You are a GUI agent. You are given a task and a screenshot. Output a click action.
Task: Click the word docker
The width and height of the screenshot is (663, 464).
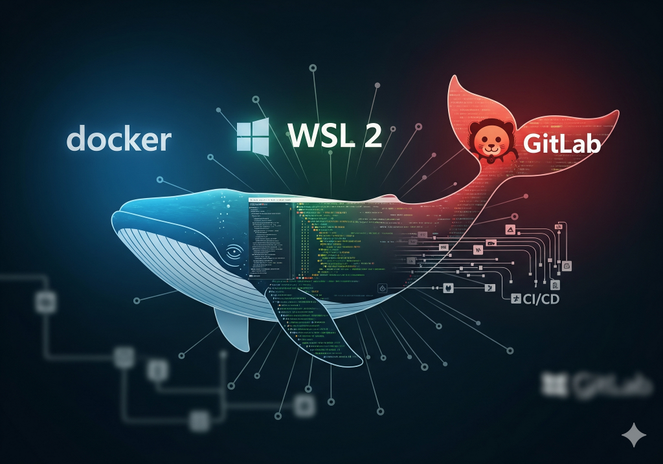(x=119, y=139)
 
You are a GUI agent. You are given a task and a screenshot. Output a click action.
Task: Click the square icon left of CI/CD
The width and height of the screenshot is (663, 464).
(x=517, y=298)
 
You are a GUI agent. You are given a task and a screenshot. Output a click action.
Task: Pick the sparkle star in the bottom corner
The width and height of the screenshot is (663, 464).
(x=633, y=435)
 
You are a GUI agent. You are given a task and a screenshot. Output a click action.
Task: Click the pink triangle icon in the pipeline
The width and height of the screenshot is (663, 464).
(x=510, y=231)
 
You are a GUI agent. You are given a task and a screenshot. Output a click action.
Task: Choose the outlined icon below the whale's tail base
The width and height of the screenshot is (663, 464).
(x=383, y=287)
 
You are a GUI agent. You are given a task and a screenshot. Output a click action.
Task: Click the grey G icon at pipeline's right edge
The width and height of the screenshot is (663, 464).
(x=556, y=285)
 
